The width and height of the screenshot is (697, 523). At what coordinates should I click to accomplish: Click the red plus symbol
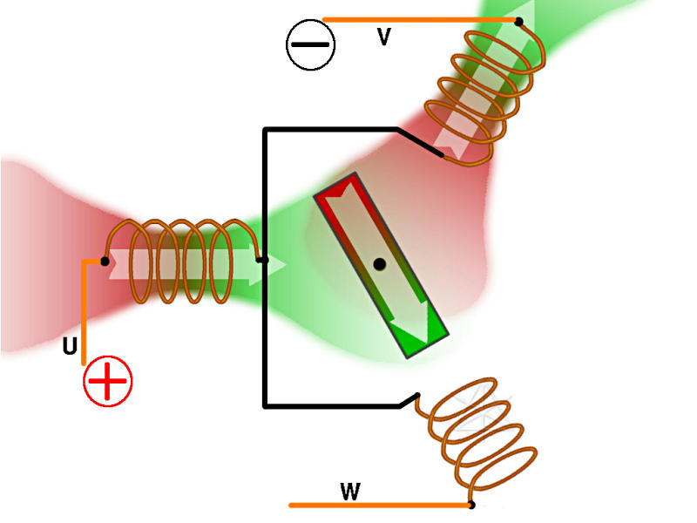tap(108, 382)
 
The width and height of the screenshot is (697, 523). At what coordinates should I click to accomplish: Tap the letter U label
tap(70, 347)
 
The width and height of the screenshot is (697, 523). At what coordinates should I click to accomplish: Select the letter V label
tap(383, 37)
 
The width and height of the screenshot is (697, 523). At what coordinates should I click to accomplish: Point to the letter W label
tap(350, 492)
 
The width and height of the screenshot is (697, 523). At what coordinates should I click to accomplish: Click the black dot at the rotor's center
tap(379, 263)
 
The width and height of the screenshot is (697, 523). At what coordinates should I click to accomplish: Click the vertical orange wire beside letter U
tap(84, 314)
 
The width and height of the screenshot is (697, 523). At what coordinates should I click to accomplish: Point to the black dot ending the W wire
tap(471, 505)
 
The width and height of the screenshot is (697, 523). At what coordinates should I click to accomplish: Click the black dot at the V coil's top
tap(518, 22)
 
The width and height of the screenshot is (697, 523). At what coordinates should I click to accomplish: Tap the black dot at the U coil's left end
tap(105, 261)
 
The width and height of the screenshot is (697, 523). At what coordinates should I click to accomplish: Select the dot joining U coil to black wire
tap(261, 259)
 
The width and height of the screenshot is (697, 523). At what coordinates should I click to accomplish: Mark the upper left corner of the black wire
tap(265, 131)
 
